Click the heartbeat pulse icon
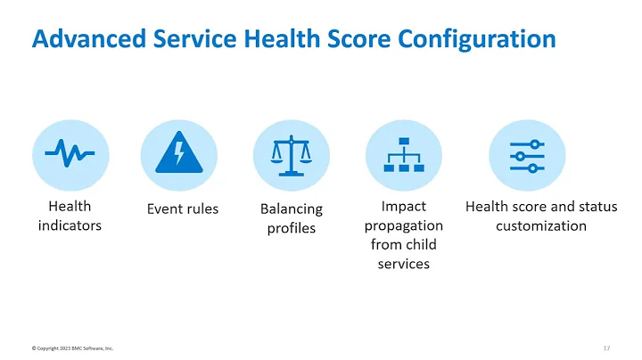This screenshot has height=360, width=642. coord(70,154)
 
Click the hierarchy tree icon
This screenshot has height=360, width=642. coord(403,155)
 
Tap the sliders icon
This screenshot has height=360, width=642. coord(526,155)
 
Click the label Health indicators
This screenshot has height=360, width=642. coord(70,216)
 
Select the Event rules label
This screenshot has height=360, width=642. coord(183,209)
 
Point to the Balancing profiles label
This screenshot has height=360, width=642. coord(292,218)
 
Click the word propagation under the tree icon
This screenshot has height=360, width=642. coord(403,225)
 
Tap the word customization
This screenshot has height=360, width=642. coord(540,225)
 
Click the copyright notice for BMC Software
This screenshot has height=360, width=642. coord(72,348)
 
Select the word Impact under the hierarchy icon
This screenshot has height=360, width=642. coord(403,207)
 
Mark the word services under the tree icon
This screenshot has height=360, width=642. coord(403,264)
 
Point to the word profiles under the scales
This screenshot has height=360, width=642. coord(292,229)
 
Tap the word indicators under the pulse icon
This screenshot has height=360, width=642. coord(70,225)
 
